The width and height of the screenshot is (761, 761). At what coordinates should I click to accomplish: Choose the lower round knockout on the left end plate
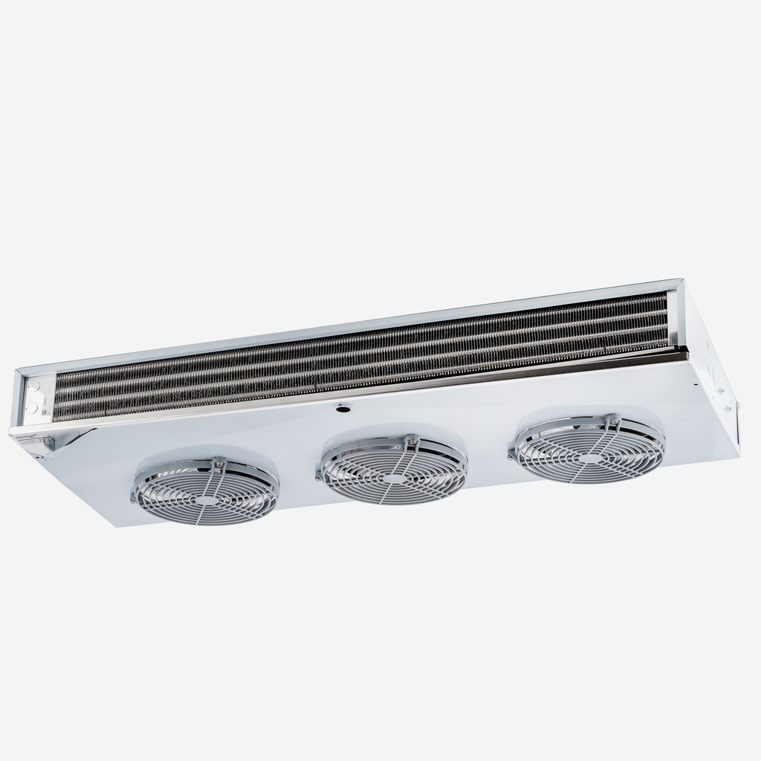point(32,408)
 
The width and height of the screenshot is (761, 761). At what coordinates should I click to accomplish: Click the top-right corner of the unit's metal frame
point(679,281)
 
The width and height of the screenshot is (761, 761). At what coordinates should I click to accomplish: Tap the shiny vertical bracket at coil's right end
point(673,320)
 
